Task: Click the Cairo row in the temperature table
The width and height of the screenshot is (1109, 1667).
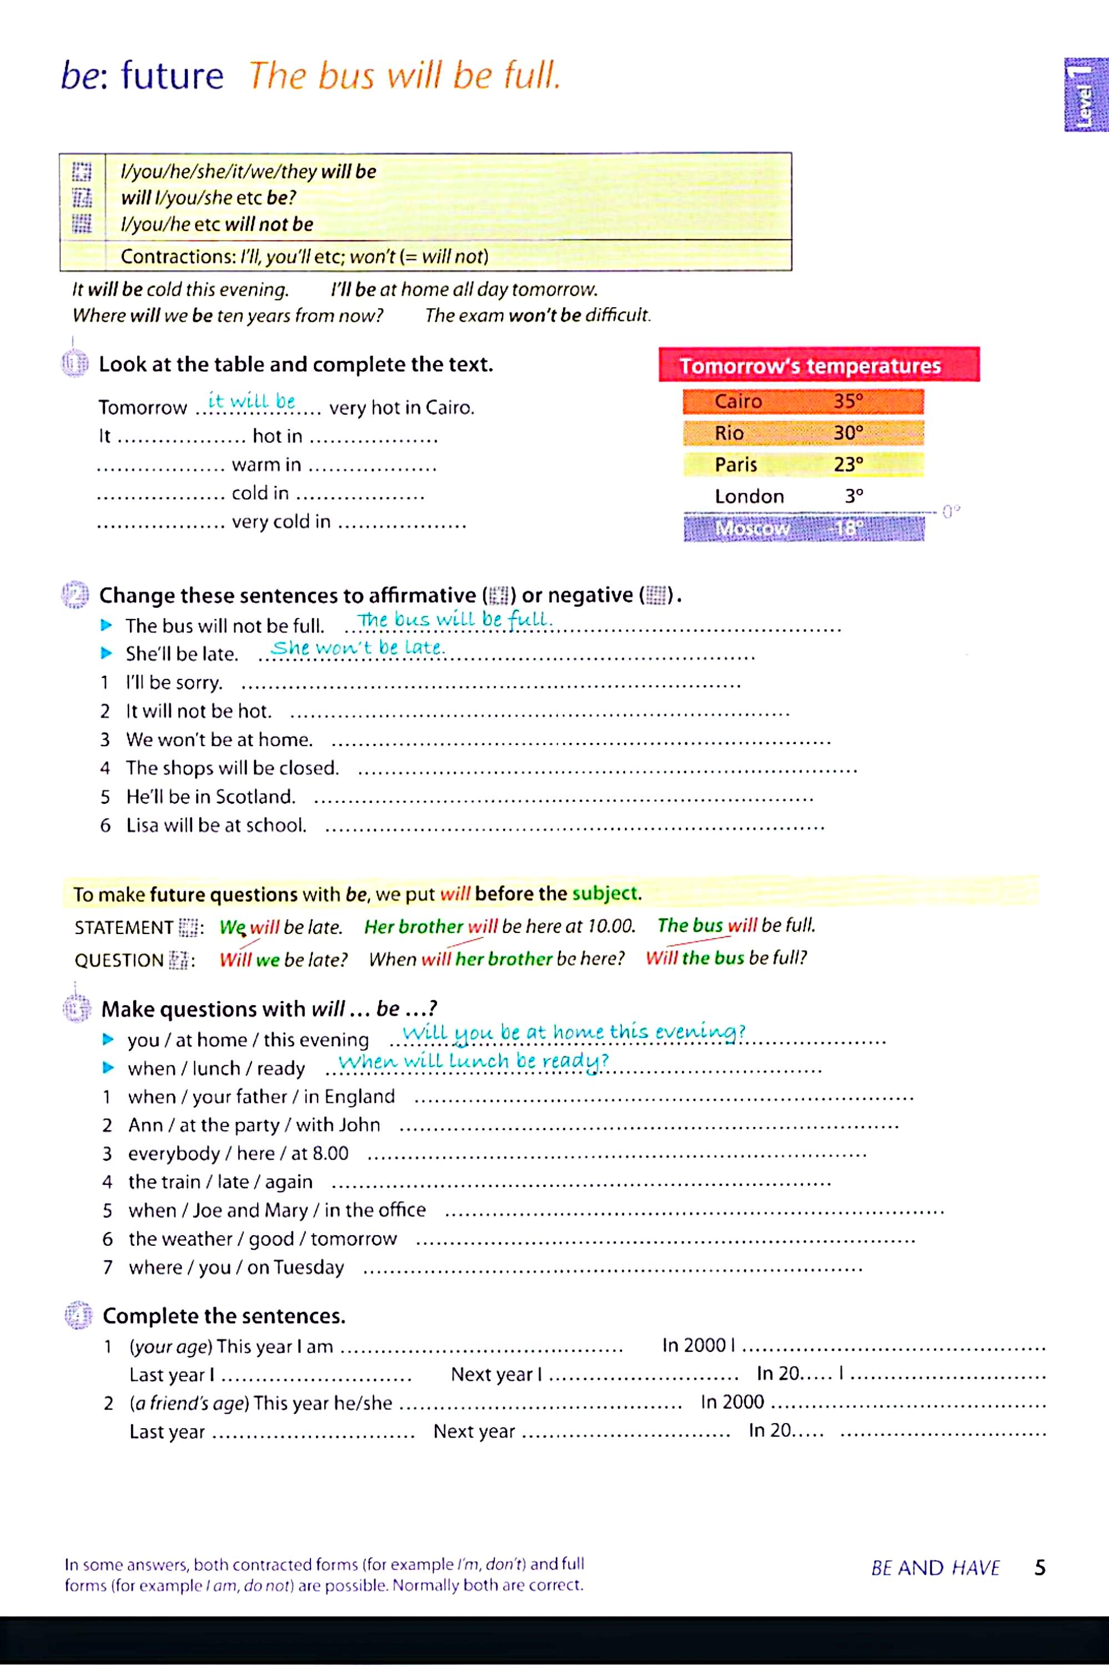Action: tap(803, 402)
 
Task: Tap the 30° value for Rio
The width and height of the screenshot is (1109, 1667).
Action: tap(848, 433)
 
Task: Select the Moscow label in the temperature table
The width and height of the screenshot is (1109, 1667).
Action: tap(752, 528)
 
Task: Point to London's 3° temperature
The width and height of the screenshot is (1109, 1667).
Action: tap(854, 496)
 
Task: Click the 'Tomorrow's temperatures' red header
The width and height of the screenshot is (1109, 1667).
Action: tap(819, 365)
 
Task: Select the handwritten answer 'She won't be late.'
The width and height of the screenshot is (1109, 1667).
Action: tap(358, 647)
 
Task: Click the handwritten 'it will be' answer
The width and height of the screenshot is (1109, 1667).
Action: tap(251, 401)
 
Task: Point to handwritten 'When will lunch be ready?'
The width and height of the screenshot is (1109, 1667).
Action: tap(473, 1061)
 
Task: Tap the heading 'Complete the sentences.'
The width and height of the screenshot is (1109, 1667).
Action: tap(223, 1316)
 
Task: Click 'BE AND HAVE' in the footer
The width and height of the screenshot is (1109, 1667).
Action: tap(935, 1569)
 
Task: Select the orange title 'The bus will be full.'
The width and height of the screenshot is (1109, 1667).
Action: tap(404, 76)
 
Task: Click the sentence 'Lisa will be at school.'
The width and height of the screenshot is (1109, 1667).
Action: tap(215, 825)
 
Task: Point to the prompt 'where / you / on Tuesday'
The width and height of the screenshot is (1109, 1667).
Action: tap(236, 1267)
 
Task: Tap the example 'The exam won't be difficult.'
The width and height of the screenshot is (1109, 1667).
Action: tap(538, 316)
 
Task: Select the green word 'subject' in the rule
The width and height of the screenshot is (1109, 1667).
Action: tap(605, 894)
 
